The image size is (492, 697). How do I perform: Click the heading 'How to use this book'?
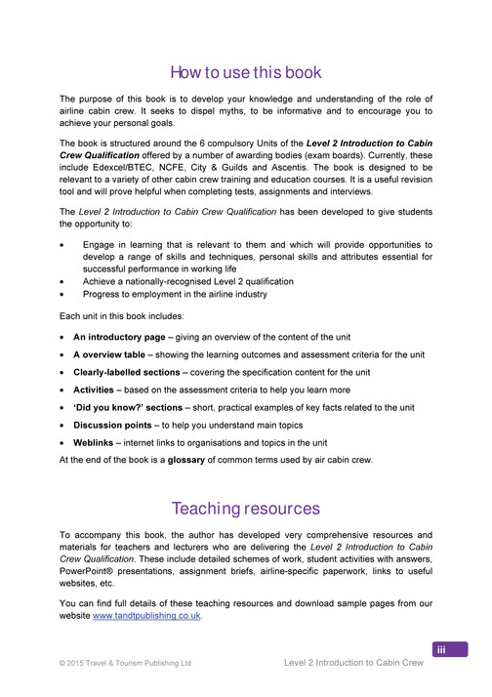click(x=245, y=72)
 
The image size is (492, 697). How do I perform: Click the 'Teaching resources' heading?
click(x=245, y=509)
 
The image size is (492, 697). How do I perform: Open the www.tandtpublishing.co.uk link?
click(x=145, y=617)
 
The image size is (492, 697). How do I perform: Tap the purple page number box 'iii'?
click(x=450, y=650)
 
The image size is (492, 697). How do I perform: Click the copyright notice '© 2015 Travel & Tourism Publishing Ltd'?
click(x=125, y=664)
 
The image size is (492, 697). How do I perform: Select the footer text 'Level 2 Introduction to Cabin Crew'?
click(x=353, y=664)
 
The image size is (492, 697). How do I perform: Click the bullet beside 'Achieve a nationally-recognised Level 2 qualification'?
click(x=63, y=281)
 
